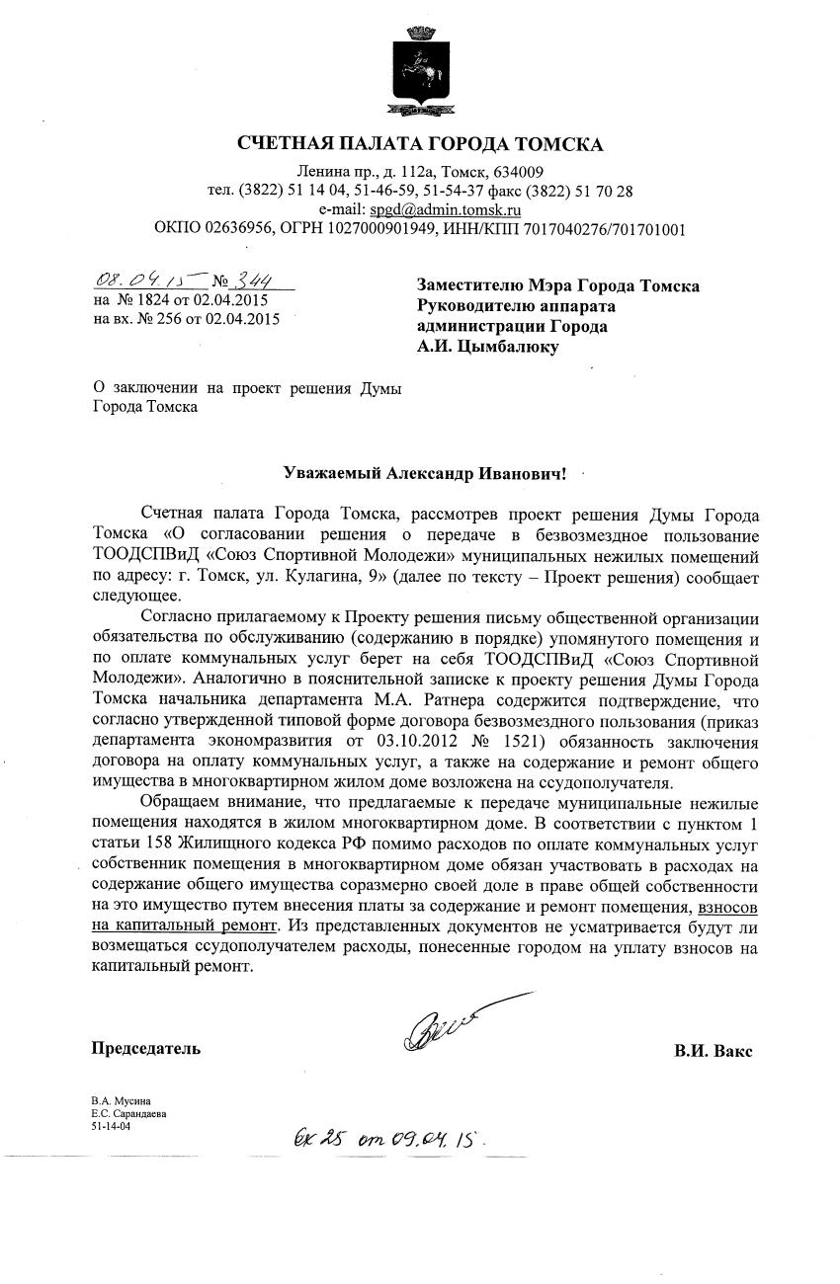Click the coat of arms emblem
419,69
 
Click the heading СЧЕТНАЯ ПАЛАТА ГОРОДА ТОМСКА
419,145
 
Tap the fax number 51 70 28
602,192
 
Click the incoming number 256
171,319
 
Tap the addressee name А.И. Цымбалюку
488,346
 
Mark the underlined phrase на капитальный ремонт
185,926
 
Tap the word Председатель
146,1049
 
